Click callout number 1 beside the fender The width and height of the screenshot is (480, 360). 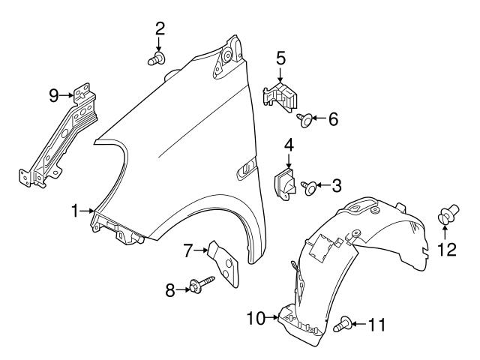tap(75, 212)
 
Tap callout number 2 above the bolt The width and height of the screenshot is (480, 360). tap(160, 29)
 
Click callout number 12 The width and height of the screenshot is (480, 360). tap(447, 250)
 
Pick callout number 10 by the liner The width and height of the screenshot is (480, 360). tap(256, 318)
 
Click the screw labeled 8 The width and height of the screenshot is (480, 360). tap(203, 284)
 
